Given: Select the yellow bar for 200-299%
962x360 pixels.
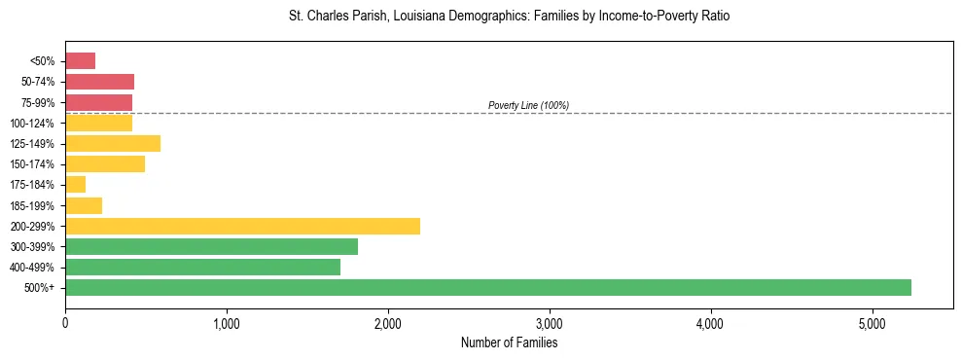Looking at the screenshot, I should point(242,226).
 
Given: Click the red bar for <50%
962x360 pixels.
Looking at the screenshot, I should point(80,61).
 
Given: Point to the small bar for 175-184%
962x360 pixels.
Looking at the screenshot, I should point(75,185).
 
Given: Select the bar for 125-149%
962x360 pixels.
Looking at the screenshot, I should point(113,144).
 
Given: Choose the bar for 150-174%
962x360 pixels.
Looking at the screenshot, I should point(105,164).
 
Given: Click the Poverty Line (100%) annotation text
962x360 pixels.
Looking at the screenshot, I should point(528,105).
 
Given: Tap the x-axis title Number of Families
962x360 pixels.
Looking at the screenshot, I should point(509,342).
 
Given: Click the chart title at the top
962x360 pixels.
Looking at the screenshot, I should point(509,17).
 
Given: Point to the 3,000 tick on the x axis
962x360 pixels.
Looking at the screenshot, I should point(550,323).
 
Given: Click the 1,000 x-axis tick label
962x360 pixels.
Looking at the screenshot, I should point(227,323).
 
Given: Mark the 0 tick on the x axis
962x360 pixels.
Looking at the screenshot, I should point(65,323).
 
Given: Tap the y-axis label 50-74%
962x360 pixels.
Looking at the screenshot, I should point(38,82).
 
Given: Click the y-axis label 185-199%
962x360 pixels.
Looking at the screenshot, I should point(35,205).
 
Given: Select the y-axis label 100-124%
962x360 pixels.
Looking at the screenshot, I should point(35,124).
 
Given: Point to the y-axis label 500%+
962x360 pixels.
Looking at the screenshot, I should point(41,288).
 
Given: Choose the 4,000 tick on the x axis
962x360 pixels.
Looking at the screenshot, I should point(711,323).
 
